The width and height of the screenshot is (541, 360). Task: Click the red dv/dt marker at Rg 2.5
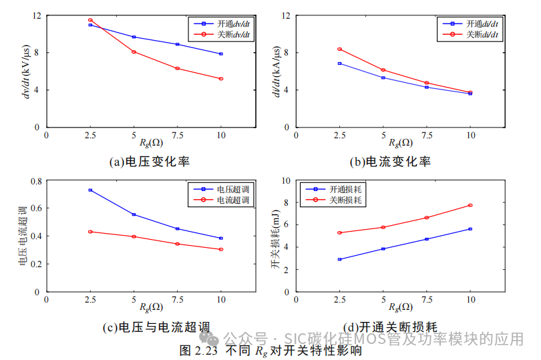pyautogui.click(x=90, y=20)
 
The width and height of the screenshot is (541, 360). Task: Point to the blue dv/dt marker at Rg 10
pyautogui.click(x=221, y=54)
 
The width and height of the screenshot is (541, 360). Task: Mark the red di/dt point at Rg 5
pyautogui.click(x=383, y=70)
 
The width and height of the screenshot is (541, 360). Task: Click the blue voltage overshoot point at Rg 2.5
pyautogui.click(x=90, y=190)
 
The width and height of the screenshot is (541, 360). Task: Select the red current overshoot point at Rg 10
pyautogui.click(x=221, y=249)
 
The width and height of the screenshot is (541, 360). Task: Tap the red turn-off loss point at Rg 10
pyautogui.click(x=470, y=205)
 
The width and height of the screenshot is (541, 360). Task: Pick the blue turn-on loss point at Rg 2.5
pyautogui.click(x=339, y=259)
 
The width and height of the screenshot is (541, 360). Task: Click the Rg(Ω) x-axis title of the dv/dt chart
pyautogui.click(x=150, y=142)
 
